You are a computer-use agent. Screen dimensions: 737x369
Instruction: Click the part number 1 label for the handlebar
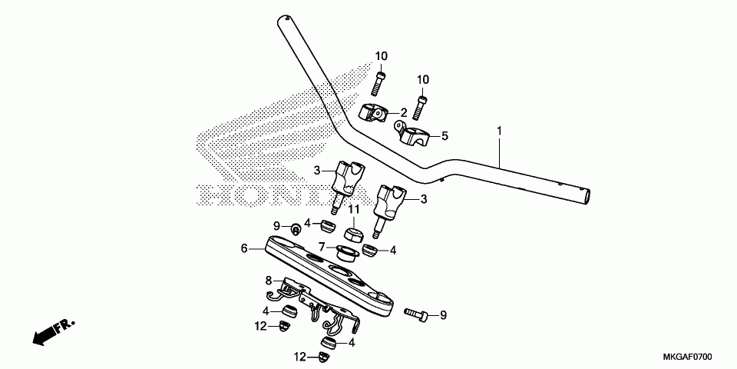tap(500, 131)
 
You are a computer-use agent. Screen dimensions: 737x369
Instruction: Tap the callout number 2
tap(403, 112)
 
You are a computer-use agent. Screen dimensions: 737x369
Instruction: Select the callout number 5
tap(445, 136)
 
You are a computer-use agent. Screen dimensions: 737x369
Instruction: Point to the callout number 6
tap(244, 248)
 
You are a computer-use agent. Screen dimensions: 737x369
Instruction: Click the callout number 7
tap(322, 246)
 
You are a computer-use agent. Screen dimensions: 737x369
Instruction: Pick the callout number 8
tap(269, 281)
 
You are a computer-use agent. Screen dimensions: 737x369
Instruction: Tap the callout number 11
tap(353, 209)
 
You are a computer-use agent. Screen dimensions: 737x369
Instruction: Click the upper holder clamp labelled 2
tap(373, 114)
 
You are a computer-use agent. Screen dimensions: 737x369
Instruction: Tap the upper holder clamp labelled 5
tap(412, 134)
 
